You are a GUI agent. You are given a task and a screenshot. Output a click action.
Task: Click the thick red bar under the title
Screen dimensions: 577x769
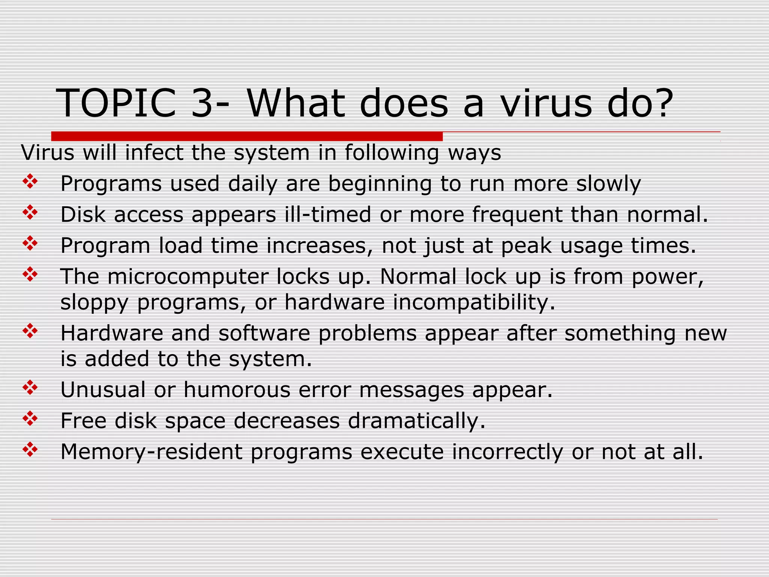pyautogui.click(x=247, y=136)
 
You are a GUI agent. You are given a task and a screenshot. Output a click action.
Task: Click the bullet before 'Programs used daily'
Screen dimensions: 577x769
pyautogui.click(x=30, y=183)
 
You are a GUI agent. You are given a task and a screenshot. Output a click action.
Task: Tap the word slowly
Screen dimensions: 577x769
pyautogui.click(x=608, y=184)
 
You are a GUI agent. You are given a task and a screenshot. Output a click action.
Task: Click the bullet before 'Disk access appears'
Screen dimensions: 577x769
pyautogui.click(x=30, y=213)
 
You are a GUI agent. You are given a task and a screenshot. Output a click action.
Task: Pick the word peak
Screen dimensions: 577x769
pyautogui.click(x=526, y=246)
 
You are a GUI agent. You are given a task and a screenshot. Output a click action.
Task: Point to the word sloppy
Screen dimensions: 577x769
pyautogui.click(x=94, y=303)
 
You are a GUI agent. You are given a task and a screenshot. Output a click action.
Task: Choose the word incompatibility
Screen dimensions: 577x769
pyautogui.click(x=474, y=302)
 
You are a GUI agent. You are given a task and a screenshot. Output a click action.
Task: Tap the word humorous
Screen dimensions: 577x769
pyautogui.click(x=237, y=390)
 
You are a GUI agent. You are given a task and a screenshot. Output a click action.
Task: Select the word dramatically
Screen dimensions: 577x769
pyautogui.click(x=416, y=420)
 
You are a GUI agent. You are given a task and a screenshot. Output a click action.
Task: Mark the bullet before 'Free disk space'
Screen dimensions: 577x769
pyautogui.click(x=30, y=419)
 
